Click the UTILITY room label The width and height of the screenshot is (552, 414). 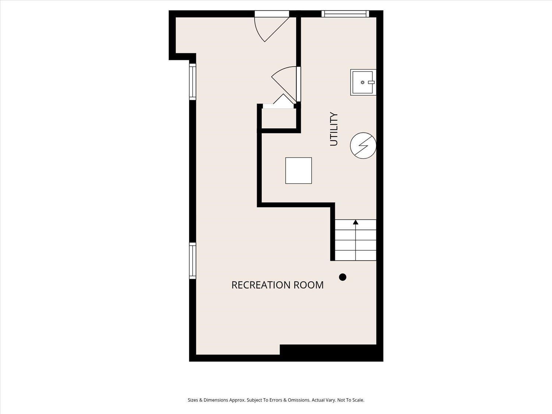[334, 129]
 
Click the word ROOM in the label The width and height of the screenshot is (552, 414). [309, 285]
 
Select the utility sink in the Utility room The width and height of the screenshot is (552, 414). [363, 82]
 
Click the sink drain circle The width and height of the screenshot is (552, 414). [362, 82]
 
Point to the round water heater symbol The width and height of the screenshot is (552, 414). [363, 145]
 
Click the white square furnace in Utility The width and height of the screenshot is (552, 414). [298, 171]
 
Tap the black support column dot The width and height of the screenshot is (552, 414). [343, 277]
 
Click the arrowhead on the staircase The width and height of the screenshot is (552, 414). [355, 222]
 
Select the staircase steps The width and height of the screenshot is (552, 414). [355, 240]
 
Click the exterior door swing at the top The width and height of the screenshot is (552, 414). [272, 26]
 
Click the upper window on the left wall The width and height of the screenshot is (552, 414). [192, 82]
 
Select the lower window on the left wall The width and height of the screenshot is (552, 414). [192, 261]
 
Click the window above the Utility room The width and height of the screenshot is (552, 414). [345, 14]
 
